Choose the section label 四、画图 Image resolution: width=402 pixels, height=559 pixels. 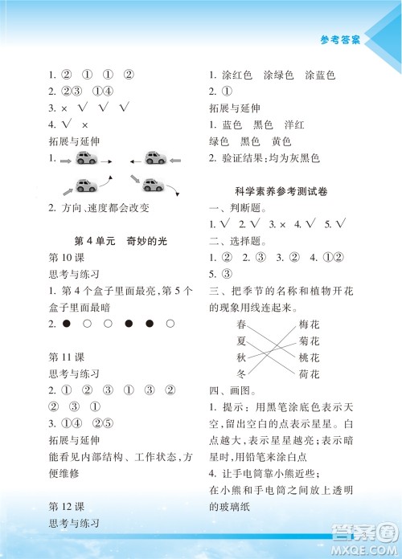(230, 391)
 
